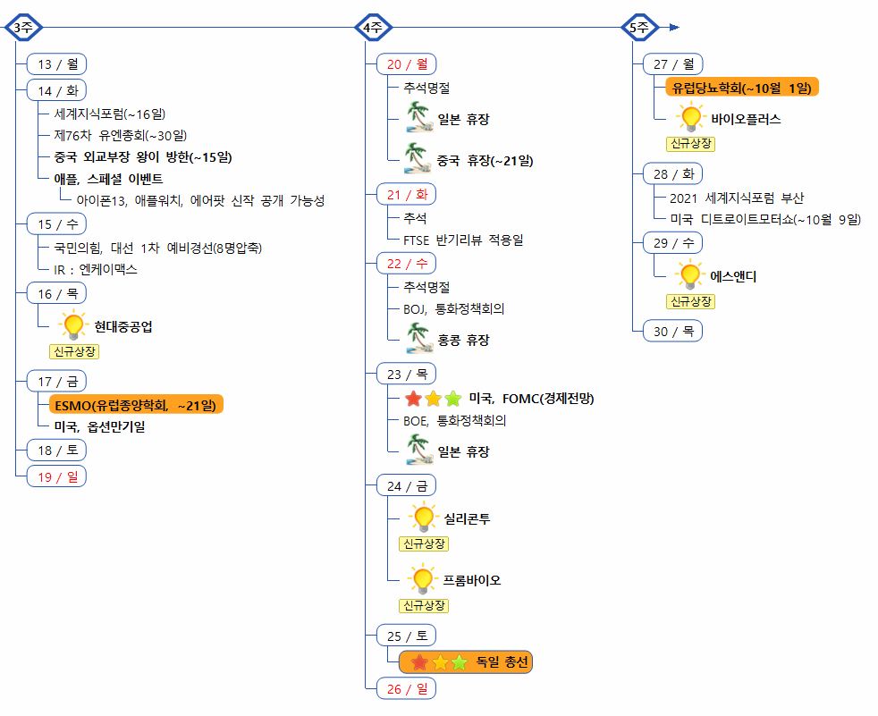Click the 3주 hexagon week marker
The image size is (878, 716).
pos(22,28)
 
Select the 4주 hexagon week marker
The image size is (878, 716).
pos(374,28)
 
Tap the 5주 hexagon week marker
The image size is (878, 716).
pos(639,28)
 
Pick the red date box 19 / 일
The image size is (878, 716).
pos(56,476)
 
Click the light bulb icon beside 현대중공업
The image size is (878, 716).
pos(72,326)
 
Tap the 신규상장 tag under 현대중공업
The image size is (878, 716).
pos(74,351)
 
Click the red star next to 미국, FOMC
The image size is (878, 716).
pos(413,399)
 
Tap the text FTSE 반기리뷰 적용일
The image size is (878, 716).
pos(463,240)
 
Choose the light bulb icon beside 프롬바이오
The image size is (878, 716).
pos(421,580)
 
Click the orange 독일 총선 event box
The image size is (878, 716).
pos(466,662)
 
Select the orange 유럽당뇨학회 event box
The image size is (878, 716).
pos(742,87)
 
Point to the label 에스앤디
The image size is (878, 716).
pos(733,276)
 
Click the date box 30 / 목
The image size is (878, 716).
pos(673,331)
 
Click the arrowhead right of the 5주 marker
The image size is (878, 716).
pos(674,28)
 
